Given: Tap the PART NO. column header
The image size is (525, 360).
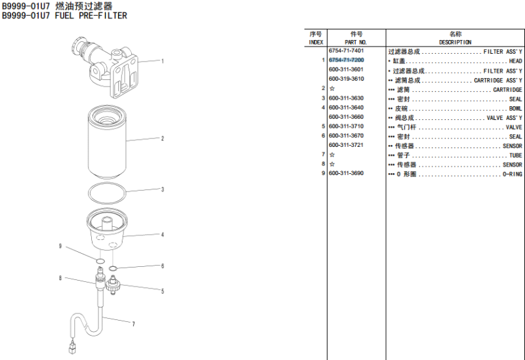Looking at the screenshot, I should (x=356, y=42).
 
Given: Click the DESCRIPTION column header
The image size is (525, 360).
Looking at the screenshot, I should (x=455, y=42).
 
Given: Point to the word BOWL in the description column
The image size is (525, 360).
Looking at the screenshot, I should (x=515, y=108).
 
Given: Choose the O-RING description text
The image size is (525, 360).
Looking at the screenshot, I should (x=513, y=174).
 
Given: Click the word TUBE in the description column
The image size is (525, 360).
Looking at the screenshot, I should (x=516, y=155).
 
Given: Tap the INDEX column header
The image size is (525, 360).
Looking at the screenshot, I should (x=316, y=42).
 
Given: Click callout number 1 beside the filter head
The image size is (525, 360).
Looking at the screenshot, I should (x=162, y=61).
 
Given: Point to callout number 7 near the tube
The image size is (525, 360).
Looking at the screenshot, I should (x=133, y=323).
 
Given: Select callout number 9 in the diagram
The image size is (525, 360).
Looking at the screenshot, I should (x=60, y=247).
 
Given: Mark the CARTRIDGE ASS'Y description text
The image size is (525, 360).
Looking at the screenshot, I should (x=498, y=80).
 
